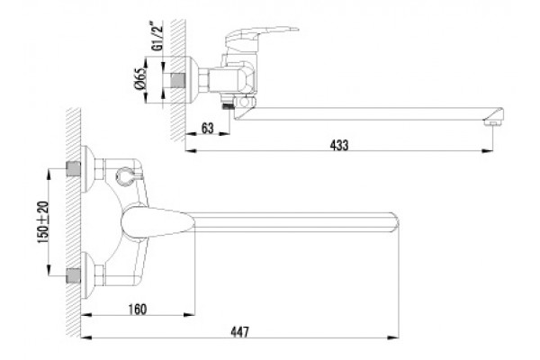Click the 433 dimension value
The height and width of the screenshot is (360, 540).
tap(339, 145)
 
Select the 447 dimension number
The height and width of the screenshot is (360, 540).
tap(239, 332)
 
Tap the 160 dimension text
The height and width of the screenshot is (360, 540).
tap(138, 309)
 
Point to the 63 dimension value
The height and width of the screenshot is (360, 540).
tap(207, 128)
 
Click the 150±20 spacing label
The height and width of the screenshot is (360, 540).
tap(43, 222)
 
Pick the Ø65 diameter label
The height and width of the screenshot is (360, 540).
tap(140, 79)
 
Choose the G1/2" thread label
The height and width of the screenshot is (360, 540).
tap(157, 36)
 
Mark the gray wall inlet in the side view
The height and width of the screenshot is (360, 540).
tap(178, 80)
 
